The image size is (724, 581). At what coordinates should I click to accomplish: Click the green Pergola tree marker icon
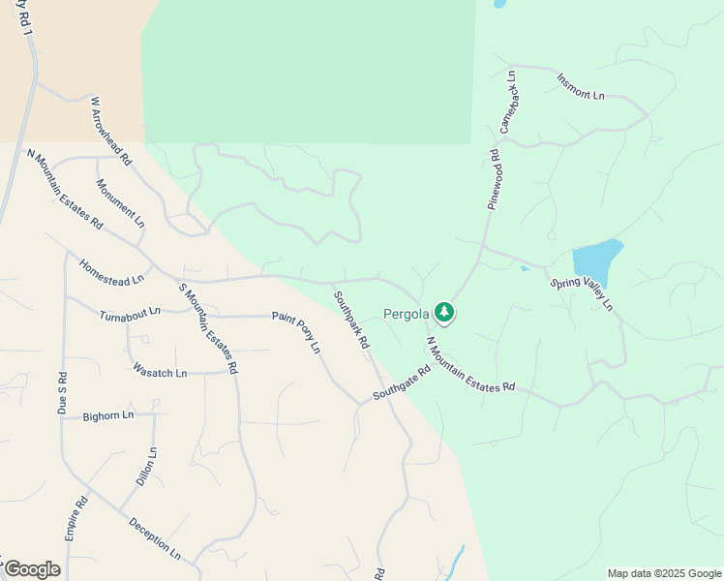(x=444, y=313)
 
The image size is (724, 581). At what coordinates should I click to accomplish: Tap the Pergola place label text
(x=407, y=314)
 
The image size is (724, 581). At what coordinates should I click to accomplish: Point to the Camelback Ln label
(x=509, y=102)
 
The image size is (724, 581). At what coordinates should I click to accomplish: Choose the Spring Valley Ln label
(x=582, y=294)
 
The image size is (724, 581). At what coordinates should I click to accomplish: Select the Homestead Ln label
(x=110, y=272)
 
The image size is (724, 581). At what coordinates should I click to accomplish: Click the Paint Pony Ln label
(x=296, y=331)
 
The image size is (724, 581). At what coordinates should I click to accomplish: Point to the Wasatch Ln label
(x=159, y=370)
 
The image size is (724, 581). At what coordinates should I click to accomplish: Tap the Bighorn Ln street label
(x=108, y=416)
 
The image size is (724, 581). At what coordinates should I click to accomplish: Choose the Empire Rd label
(x=76, y=518)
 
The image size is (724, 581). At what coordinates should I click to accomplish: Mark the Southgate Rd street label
(x=402, y=384)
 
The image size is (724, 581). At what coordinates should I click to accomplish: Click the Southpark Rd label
(x=351, y=320)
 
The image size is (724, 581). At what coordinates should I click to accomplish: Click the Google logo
(x=32, y=569)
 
